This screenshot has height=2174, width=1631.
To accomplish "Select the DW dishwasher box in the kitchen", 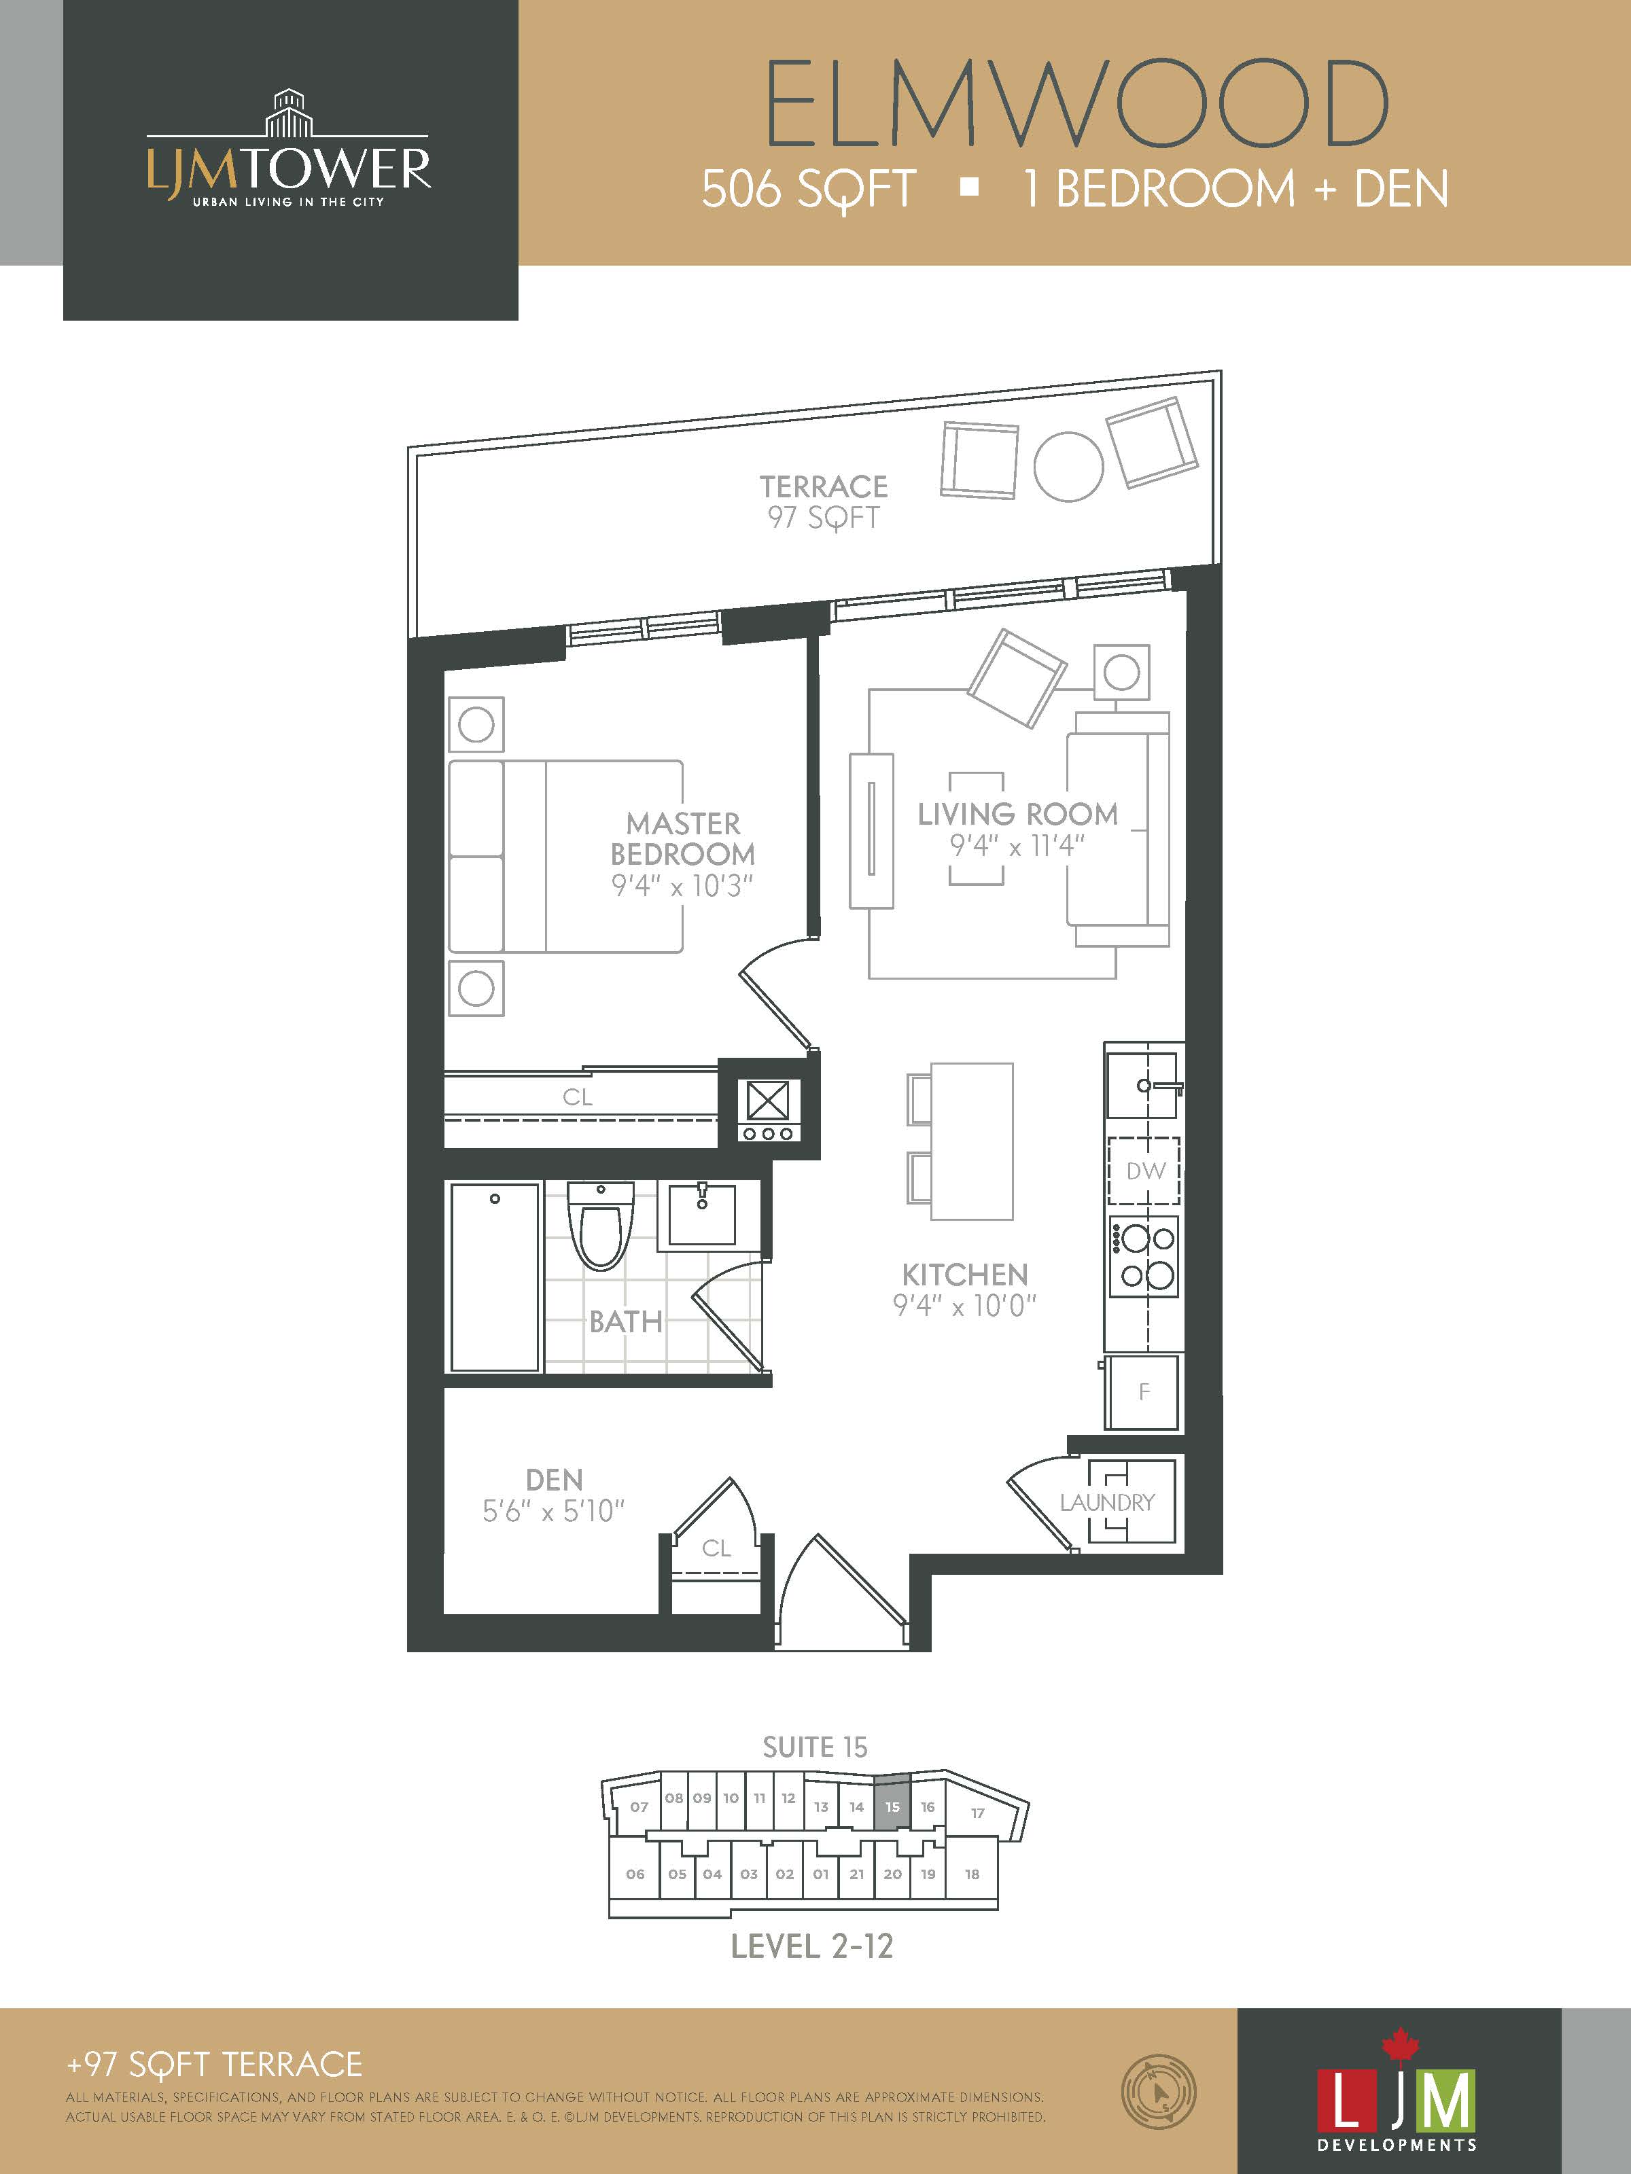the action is [x=1144, y=1171].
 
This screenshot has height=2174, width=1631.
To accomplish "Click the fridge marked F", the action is [x=1142, y=1391].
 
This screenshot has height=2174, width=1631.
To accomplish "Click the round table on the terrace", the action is [x=1069, y=467].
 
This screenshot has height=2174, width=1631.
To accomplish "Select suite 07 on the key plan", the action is [x=639, y=1806].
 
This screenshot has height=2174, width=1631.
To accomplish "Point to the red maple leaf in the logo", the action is [x=1400, y=2045].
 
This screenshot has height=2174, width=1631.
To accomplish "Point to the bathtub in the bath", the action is [x=495, y=1277].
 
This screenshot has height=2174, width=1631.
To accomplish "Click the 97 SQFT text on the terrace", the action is [x=823, y=518].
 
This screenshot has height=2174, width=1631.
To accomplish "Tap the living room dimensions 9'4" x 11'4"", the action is [x=1017, y=845].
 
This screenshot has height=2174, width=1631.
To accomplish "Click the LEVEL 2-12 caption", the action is [x=812, y=1946].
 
